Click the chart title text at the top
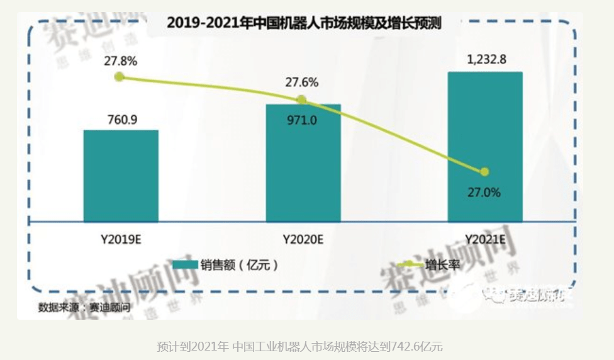point(304,23)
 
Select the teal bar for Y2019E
point(121,176)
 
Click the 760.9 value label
point(121,119)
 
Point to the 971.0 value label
point(302,120)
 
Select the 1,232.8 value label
point(486,60)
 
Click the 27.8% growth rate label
point(121,61)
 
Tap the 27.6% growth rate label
point(302,82)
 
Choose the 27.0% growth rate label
point(484,193)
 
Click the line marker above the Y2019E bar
point(120,77)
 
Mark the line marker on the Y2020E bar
point(301,99)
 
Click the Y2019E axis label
point(121,240)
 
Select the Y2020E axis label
point(303,240)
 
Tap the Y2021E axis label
point(485,240)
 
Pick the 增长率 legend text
point(443,265)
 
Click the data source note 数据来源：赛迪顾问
point(84,308)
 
